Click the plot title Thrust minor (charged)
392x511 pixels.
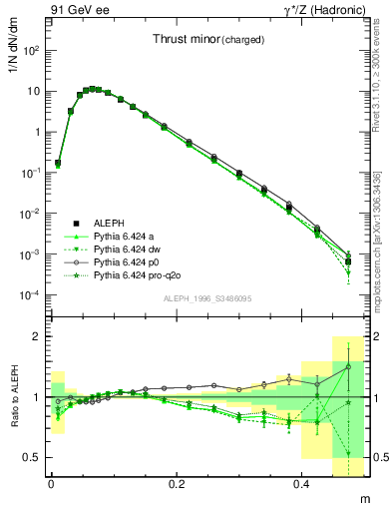[208, 40]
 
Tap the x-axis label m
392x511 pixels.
[363, 498]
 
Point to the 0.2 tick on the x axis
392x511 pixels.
[177, 484]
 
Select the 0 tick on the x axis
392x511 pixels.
[51, 484]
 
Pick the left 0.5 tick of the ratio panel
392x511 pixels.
[34, 457]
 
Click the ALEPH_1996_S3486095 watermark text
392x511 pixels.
[206, 299]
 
